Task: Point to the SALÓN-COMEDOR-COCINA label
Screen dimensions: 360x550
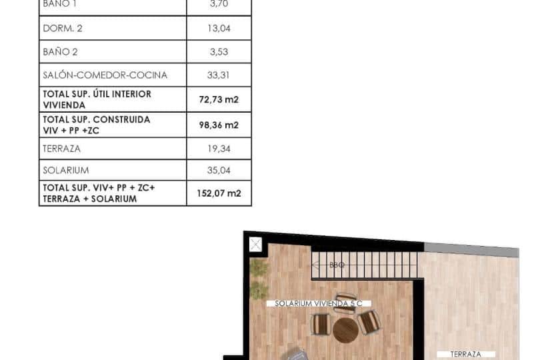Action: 105,75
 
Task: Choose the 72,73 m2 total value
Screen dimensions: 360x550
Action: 219,99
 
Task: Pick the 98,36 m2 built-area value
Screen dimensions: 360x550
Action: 219,125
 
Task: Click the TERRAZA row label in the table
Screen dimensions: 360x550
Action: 62,149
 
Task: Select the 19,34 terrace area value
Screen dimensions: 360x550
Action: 219,149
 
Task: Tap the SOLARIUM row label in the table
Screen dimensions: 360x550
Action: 66,171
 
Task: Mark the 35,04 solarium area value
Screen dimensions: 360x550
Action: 219,171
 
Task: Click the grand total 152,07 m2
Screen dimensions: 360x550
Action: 219,193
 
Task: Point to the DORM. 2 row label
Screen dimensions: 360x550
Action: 63,29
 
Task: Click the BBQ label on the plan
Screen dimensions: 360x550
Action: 337,265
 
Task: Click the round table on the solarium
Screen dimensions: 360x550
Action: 345,329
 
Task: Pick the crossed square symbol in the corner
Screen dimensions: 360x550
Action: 255,245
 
